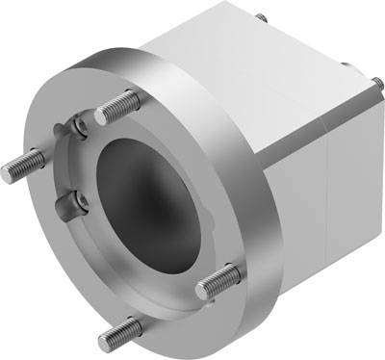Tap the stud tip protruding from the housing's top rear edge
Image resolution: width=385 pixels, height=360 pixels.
(x=260, y=17)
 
